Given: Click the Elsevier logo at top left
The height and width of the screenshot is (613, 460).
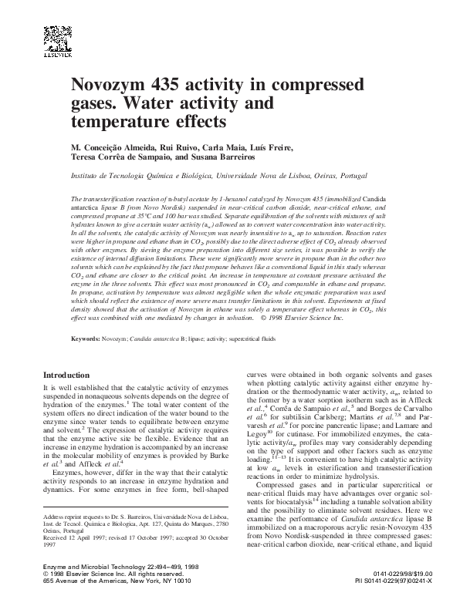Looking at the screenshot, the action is pyautogui.click(x=57, y=42).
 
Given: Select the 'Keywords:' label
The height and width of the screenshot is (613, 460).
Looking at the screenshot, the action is pyautogui.click(x=86, y=339).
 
